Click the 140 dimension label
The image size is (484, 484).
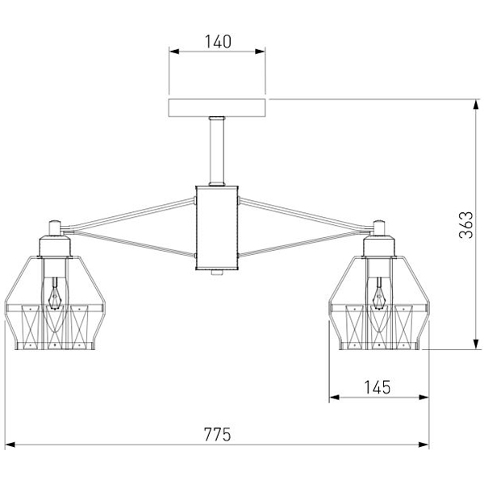pos(217,41)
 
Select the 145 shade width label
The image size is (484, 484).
pos(377,387)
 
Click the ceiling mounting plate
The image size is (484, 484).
pos(217,108)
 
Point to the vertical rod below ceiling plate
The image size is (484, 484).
pos(217,152)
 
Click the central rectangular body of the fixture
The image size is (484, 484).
pos(217,230)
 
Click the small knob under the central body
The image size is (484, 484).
pos(217,275)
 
